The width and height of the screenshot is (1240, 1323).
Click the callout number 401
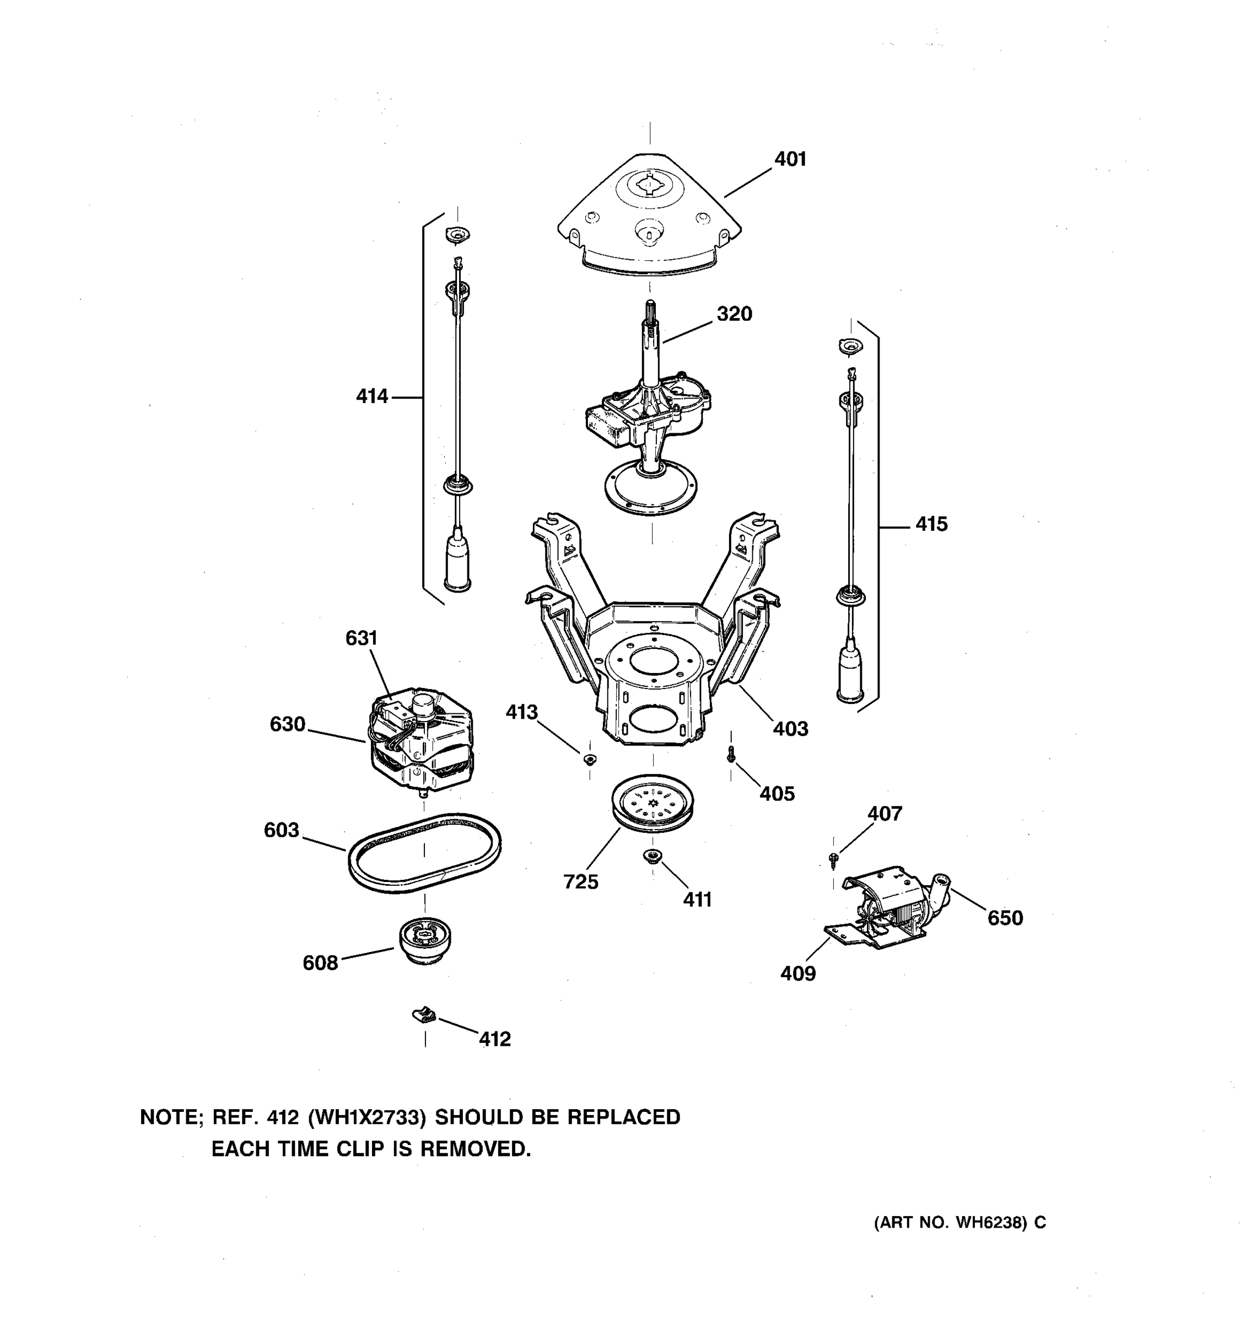tap(790, 160)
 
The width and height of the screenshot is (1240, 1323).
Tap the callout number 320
tap(734, 314)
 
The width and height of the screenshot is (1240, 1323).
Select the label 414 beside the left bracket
tap(372, 397)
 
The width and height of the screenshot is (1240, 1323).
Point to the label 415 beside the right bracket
tap(931, 524)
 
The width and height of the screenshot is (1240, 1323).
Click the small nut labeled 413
tap(589, 759)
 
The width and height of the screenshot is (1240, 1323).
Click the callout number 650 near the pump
tap(1005, 918)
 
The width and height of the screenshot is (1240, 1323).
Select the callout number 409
tap(797, 974)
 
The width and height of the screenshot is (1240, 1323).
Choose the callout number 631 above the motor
tap(361, 638)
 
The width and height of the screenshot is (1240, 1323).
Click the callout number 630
tap(287, 724)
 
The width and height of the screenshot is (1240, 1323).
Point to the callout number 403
tap(790, 729)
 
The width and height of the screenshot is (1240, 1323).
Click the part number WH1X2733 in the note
tap(366, 1117)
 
